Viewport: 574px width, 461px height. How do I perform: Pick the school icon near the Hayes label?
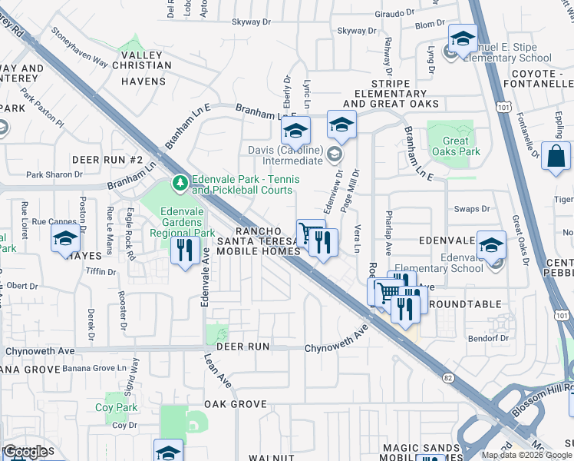[66, 240]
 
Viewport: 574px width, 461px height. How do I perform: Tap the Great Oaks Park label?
[456, 146]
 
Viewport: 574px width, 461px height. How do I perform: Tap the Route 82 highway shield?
[448, 378]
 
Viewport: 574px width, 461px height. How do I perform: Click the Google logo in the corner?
[27, 452]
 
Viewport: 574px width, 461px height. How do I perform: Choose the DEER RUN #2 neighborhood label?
[107, 159]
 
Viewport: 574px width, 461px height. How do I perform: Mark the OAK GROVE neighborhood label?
[235, 403]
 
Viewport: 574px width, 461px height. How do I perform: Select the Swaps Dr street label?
[472, 209]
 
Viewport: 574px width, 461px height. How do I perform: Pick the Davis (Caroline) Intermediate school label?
[284, 155]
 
